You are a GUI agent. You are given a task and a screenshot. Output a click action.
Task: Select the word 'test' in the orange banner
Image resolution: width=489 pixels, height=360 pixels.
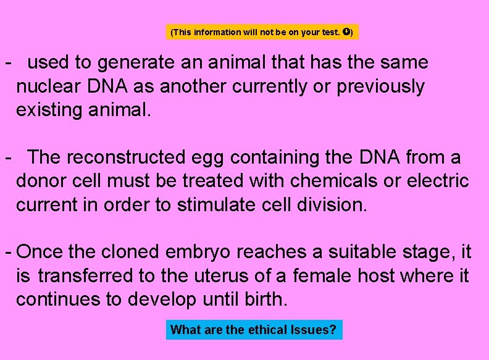pos(329,32)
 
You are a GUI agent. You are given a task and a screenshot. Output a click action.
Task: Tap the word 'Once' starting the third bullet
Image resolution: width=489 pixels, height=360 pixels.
pos(40,252)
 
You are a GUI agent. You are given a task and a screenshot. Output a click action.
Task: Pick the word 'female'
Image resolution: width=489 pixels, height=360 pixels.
pos(322,275)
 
